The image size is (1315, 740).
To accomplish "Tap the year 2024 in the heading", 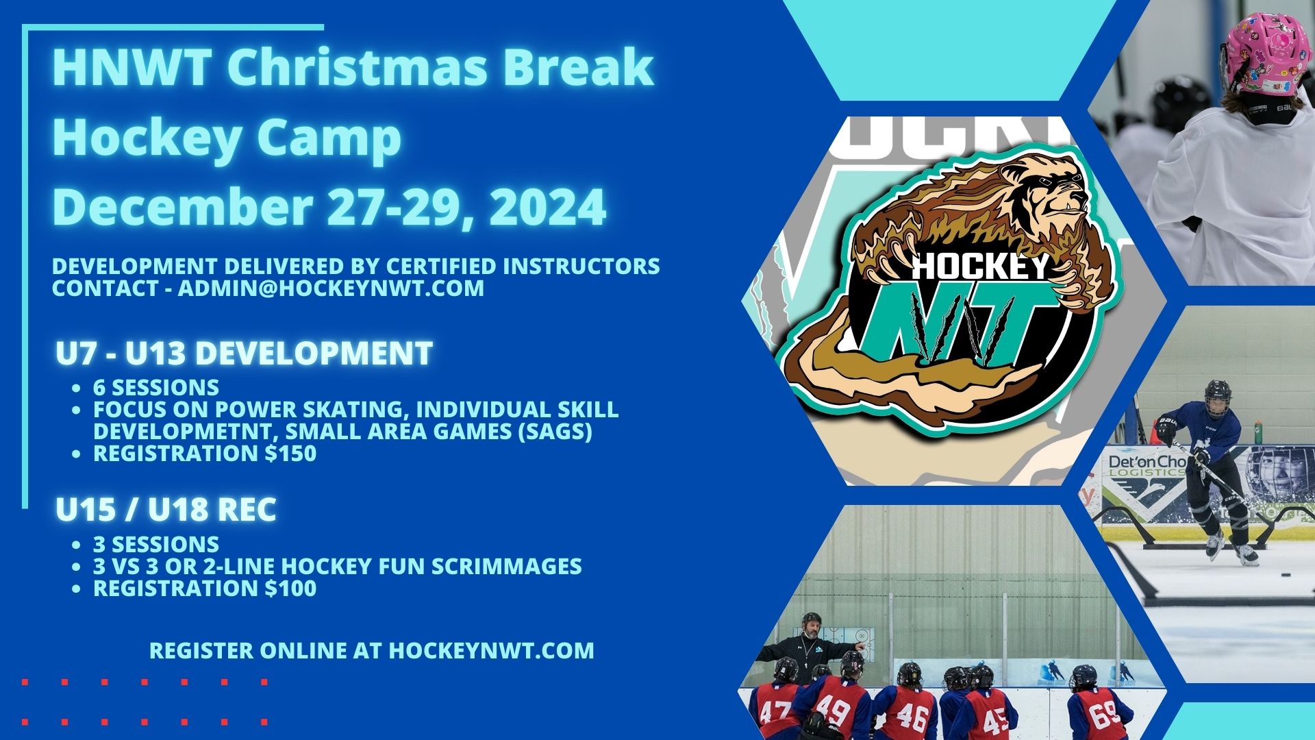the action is [548, 206].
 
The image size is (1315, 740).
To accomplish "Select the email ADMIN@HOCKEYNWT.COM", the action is [331, 288].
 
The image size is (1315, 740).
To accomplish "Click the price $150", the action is [291, 454].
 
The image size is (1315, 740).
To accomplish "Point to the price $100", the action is [291, 589].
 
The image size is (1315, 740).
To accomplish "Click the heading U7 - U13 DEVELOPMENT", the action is [245, 354].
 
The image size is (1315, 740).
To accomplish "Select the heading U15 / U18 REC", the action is [166, 510].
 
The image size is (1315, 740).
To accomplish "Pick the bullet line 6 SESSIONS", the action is [156, 388].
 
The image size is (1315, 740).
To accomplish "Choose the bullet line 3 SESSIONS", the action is [156, 545].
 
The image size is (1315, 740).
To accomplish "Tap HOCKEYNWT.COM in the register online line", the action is [492, 650].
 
